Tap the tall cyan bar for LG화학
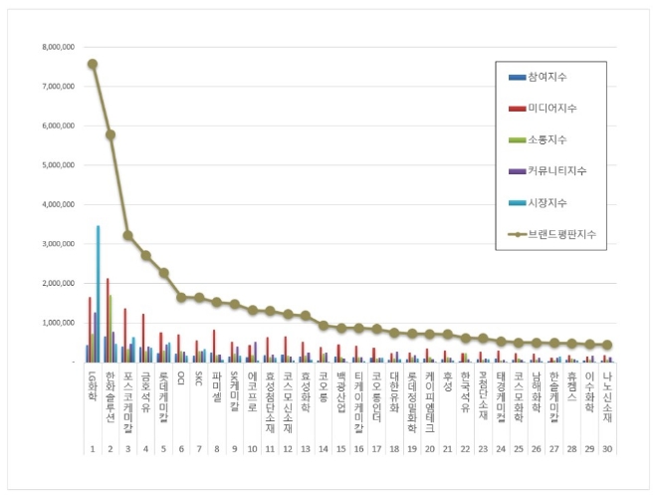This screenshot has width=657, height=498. click(x=98, y=294)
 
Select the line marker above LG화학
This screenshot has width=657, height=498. click(x=92, y=64)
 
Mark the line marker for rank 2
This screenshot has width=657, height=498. click(x=109, y=134)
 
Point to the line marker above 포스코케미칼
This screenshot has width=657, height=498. click(x=127, y=235)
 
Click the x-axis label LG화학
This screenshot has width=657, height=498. click(x=92, y=383)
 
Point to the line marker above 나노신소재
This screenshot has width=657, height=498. click(x=608, y=345)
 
